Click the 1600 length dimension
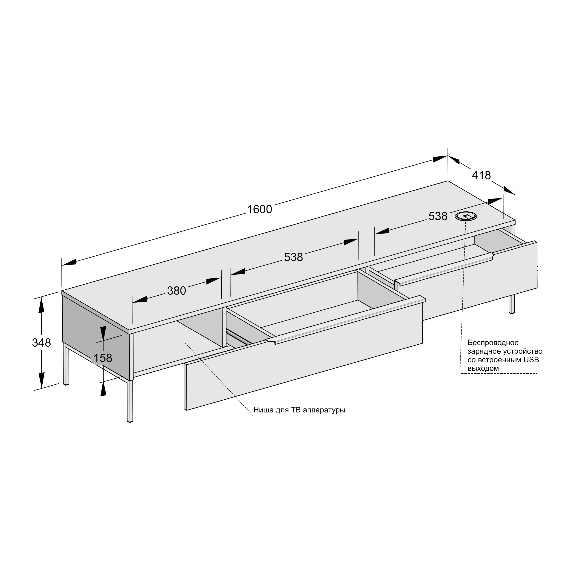click(259, 210)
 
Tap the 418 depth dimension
click(481, 176)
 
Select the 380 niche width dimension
click(177, 291)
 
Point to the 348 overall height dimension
click(41, 343)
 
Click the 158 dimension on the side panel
click(103, 358)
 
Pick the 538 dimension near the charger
click(438, 216)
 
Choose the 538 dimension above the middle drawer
click(293, 257)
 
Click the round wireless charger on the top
click(466, 216)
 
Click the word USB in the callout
click(532, 360)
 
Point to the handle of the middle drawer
click(346, 321)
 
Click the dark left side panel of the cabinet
click(96, 337)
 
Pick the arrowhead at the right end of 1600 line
click(440, 159)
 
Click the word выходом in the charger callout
click(483, 369)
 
